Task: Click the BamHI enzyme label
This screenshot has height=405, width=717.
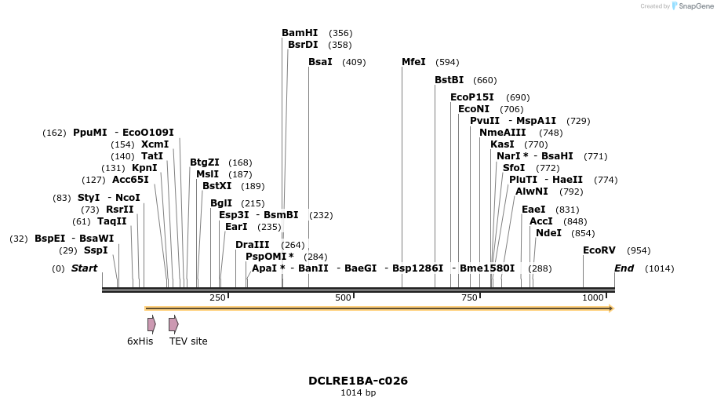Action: (300, 33)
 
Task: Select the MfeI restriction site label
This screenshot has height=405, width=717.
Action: (413, 62)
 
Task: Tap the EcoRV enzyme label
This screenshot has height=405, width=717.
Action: (599, 250)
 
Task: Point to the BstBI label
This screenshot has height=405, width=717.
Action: (449, 80)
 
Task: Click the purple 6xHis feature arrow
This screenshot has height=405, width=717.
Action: (151, 324)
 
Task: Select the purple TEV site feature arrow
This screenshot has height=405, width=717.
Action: (173, 324)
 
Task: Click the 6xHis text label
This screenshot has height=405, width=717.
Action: (140, 341)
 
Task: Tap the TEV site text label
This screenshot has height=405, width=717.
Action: (188, 341)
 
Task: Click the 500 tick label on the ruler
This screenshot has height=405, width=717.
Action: (343, 297)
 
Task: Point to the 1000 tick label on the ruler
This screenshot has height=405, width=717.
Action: (593, 297)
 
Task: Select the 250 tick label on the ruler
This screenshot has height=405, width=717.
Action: (217, 297)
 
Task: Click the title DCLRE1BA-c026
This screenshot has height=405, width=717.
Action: (358, 381)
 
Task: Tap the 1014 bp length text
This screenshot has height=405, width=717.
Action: (358, 392)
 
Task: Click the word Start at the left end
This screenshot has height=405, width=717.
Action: (84, 268)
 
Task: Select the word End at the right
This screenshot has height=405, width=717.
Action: (624, 268)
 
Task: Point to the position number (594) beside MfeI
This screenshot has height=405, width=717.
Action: (447, 63)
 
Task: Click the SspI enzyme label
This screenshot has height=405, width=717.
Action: (96, 250)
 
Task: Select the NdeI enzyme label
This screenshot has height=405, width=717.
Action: (548, 233)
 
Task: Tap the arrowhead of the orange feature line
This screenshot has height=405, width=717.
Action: (610, 308)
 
